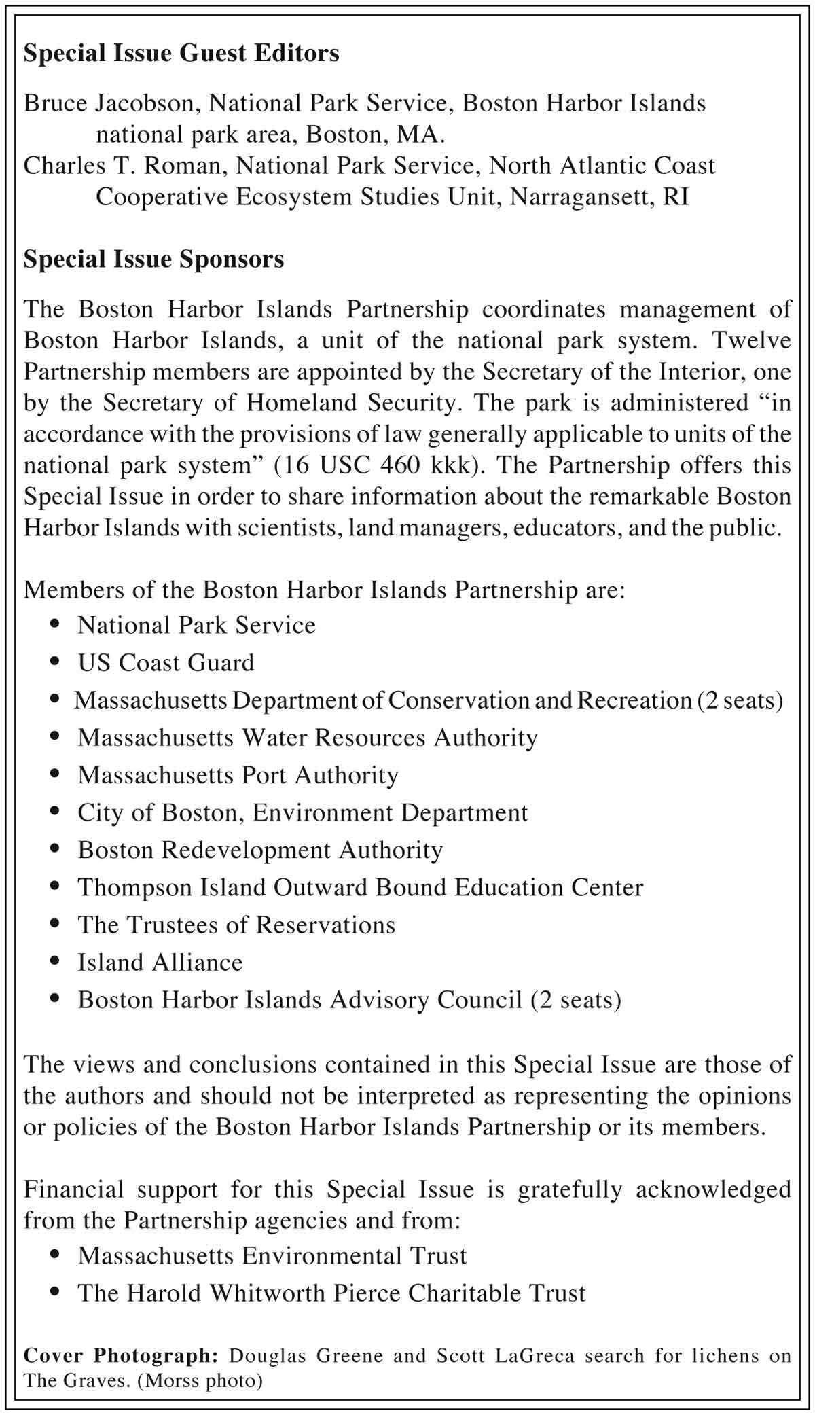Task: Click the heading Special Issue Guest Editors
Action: coord(181,54)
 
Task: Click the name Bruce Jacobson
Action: coord(109,103)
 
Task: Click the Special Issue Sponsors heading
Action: coord(153,259)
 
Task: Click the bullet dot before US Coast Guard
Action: coord(56,662)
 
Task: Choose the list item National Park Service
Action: coord(196,625)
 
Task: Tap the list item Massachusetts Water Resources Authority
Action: coord(307,738)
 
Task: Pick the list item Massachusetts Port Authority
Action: coord(238,775)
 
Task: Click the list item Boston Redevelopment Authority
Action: coord(260,850)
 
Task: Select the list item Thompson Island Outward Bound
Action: coord(360,887)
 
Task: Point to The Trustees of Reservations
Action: coord(236,925)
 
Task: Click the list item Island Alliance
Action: coord(160,963)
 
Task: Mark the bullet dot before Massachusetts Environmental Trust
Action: coord(56,1255)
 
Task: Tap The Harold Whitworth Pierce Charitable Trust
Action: coord(331,1293)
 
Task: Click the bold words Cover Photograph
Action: coord(120,1356)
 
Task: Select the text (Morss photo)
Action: coord(200,1380)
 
